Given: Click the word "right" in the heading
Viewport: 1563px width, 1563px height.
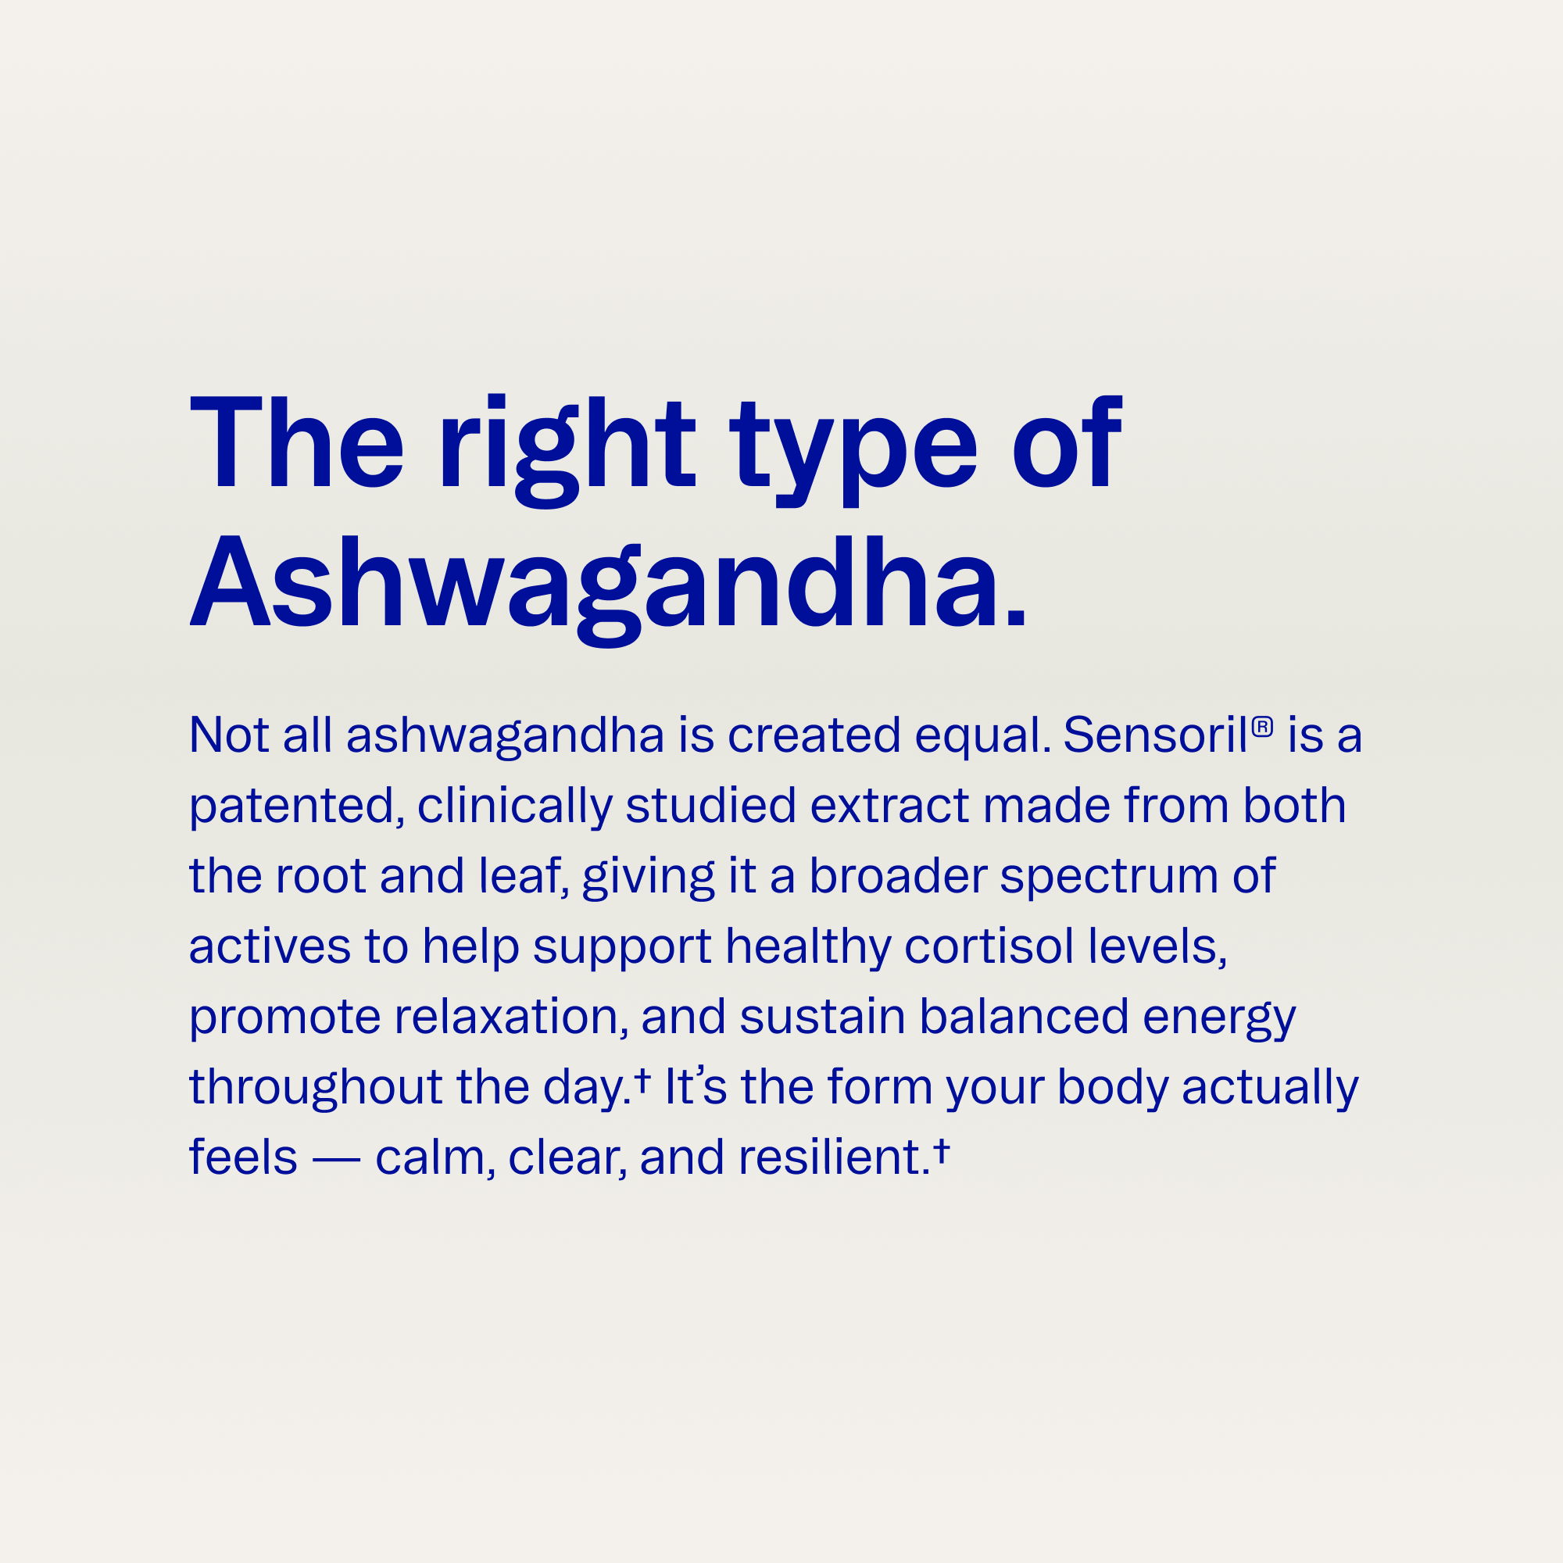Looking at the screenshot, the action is [x=567, y=451].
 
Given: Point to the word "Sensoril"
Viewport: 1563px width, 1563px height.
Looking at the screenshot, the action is [x=1156, y=735].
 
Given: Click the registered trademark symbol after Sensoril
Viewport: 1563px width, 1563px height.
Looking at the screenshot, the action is [x=1262, y=726].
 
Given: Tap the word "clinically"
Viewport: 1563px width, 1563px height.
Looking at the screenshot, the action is [x=515, y=808].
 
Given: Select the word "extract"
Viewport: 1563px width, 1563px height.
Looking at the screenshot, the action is [x=889, y=807].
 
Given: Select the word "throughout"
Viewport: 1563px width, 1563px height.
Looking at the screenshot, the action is [x=316, y=1087].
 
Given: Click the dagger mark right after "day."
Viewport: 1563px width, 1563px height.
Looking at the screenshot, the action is [x=642, y=1079].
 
